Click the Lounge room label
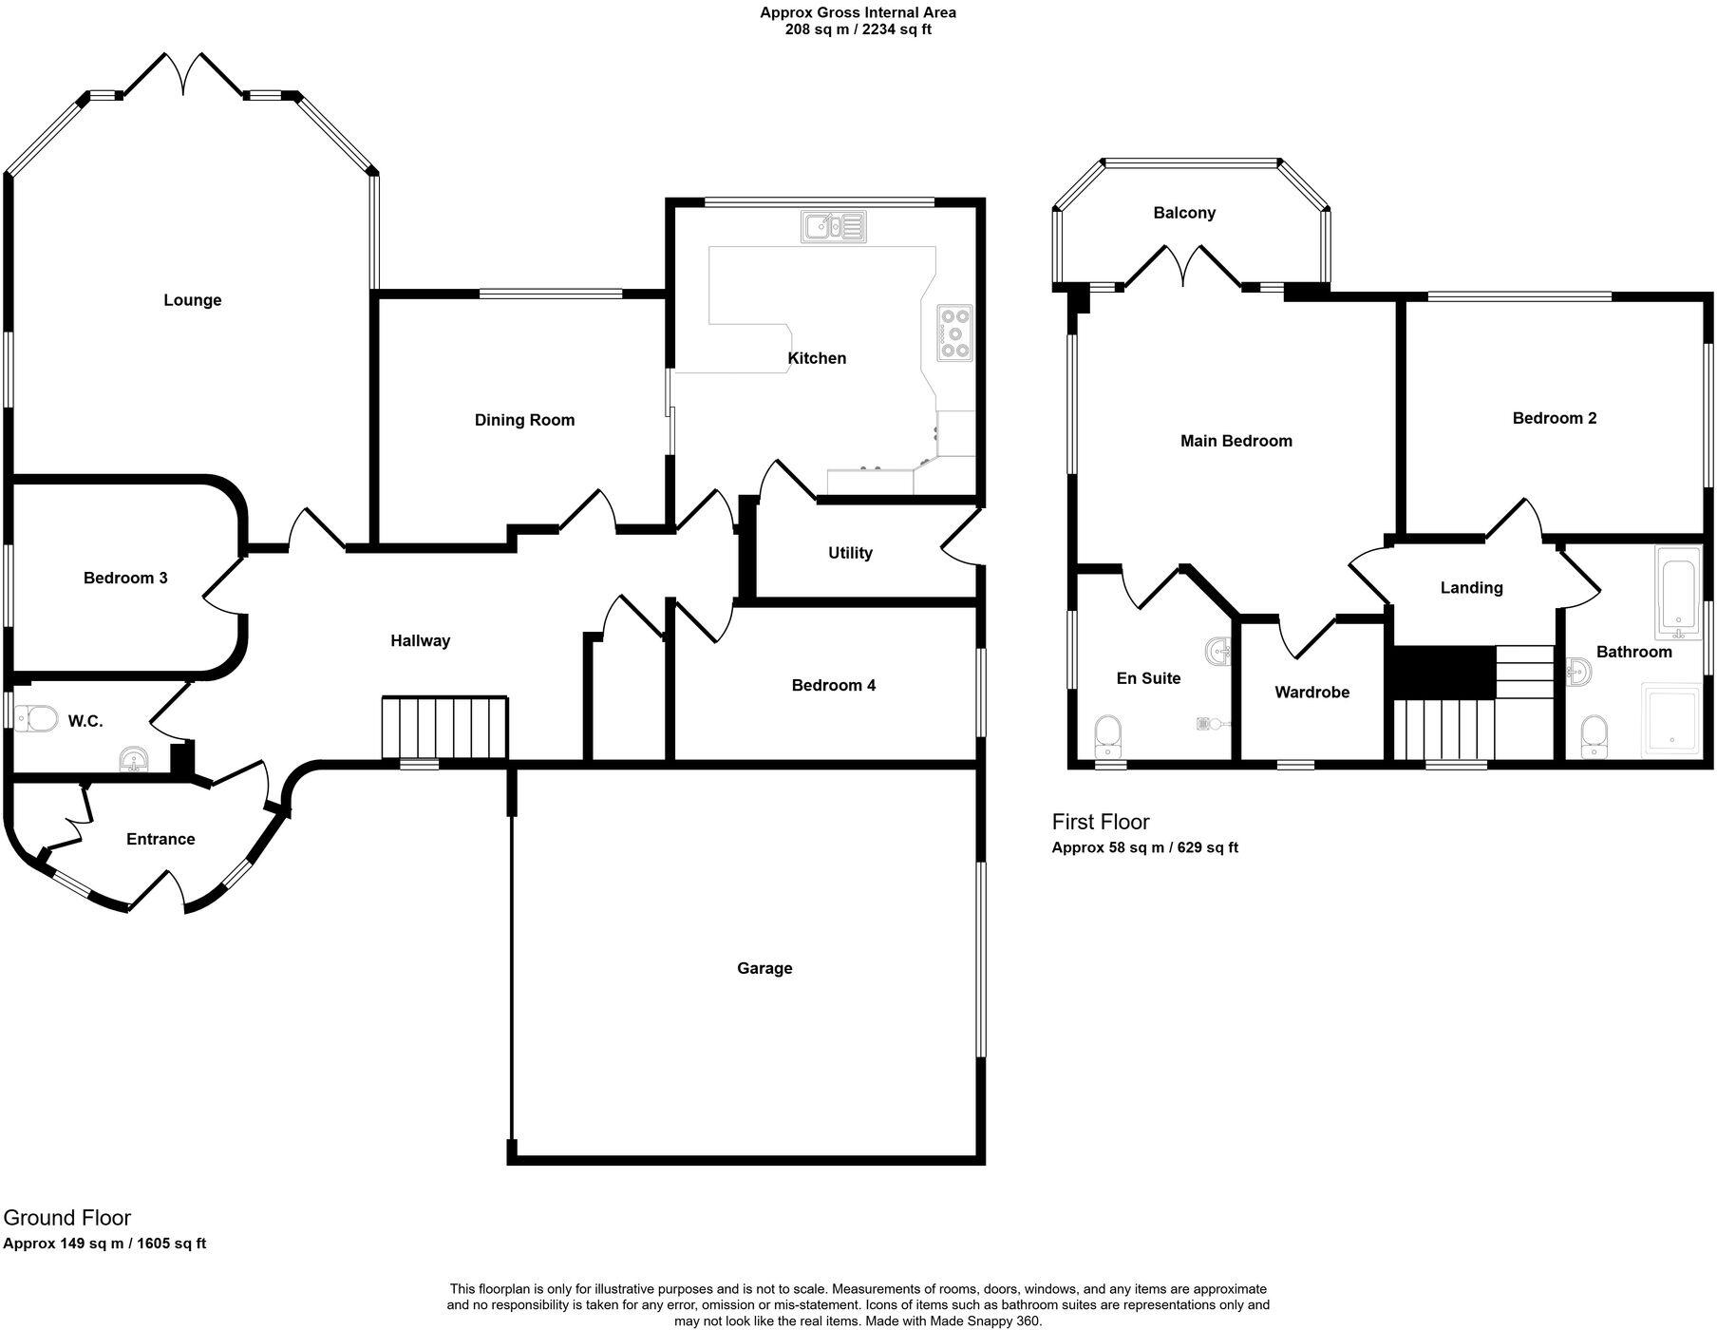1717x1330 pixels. point(192,300)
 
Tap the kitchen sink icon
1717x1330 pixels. point(833,226)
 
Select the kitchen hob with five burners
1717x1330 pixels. point(955,332)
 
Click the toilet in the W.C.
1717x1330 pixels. point(35,718)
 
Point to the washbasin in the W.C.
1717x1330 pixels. point(134,758)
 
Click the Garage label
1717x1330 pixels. point(764,968)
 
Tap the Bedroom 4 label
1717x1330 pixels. point(833,685)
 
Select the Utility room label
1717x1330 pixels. point(849,553)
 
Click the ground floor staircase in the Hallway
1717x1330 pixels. point(444,728)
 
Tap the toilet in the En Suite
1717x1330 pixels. point(1108,733)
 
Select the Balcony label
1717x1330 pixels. point(1184,213)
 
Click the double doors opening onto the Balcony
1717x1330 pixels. point(1183,265)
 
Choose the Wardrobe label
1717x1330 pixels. point(1311,693)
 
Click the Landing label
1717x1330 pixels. point(1471,588)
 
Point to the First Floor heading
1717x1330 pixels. point(1100,822)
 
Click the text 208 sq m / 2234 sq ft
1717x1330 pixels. point(858,29)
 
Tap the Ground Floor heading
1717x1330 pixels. point(67,1218)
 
